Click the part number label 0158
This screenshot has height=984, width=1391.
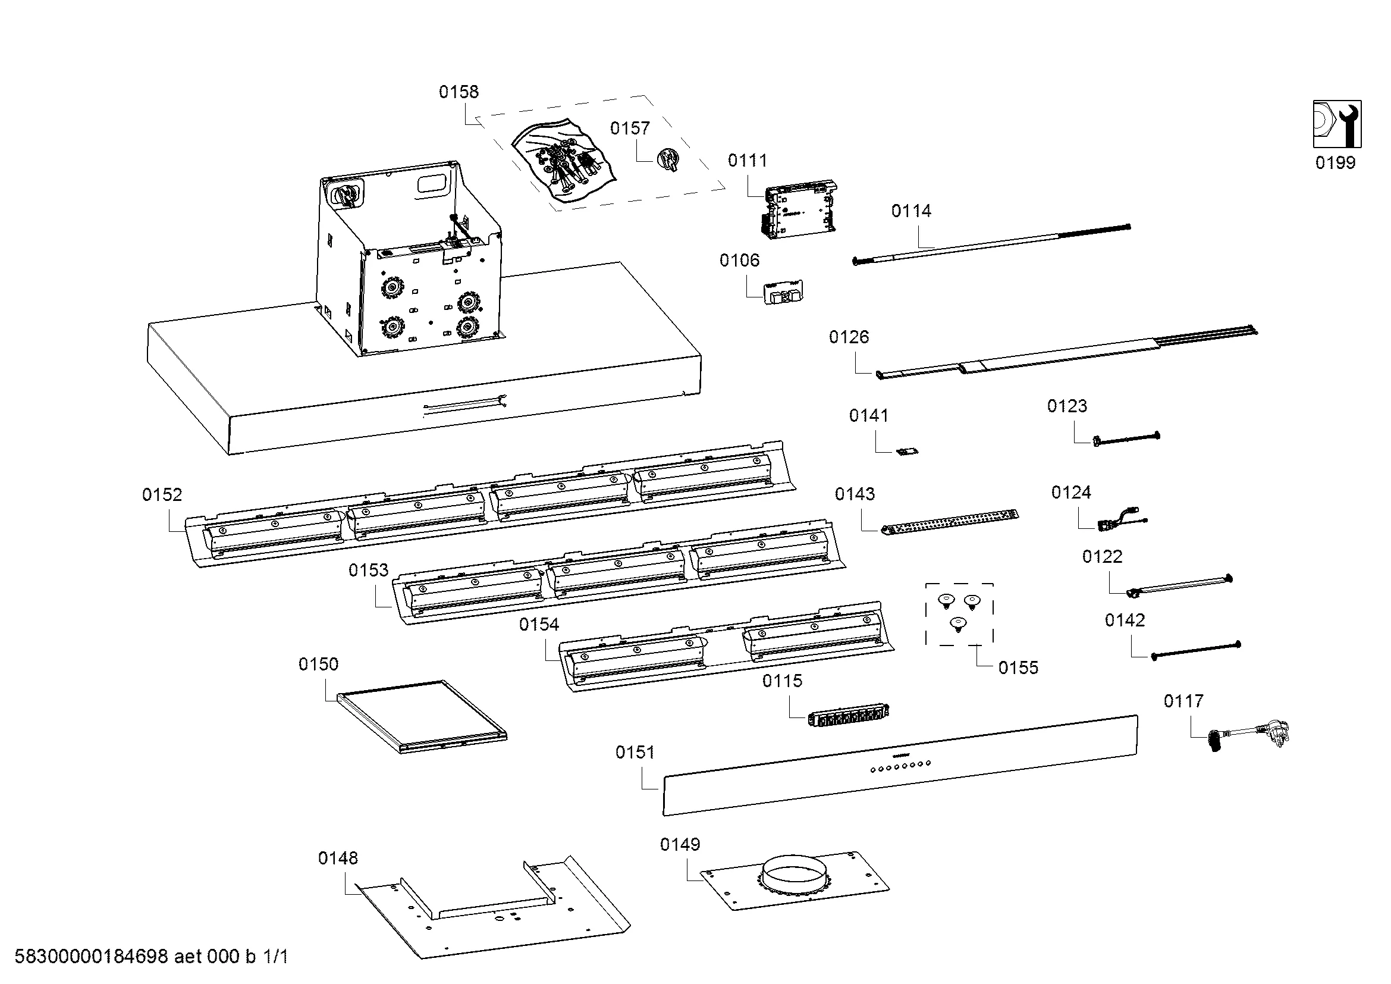459,92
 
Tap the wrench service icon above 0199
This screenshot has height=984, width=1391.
1337,124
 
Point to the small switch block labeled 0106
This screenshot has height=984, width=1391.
784,293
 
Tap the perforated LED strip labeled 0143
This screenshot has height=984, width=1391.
949,522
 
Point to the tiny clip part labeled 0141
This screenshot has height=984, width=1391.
907,452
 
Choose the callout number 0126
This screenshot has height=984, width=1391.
849,337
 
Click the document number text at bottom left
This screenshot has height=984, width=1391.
151,956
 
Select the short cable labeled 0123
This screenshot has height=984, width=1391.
1127,438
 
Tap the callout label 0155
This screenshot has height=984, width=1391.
1018,668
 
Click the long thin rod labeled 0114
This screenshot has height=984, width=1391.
991,243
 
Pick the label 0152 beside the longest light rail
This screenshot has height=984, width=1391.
162,495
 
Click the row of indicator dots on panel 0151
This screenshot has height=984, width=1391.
900,766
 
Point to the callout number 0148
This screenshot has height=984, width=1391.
337,858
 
